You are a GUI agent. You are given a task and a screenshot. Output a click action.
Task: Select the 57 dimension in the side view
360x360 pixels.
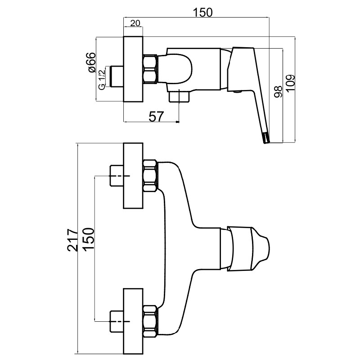pyautogui.click(x=155, y=116)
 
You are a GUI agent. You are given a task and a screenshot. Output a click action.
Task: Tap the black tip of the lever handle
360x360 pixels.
pyautogui.click(x=266, y=138)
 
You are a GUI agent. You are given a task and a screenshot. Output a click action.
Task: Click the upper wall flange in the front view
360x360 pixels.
pyautogui.click(x=133, y=176)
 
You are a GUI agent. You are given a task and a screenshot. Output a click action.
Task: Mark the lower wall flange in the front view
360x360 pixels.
pyautogui.click(x=133, y=320)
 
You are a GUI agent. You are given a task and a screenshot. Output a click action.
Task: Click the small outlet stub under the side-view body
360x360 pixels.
pyautogui.click(x=179, y=96)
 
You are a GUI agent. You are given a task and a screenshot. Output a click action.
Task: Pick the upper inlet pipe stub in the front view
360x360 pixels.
pyautogui.click(x=117, y=176)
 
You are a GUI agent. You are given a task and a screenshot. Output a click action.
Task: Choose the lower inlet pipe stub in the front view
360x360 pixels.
pyautogui.click(x=117, y=320)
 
